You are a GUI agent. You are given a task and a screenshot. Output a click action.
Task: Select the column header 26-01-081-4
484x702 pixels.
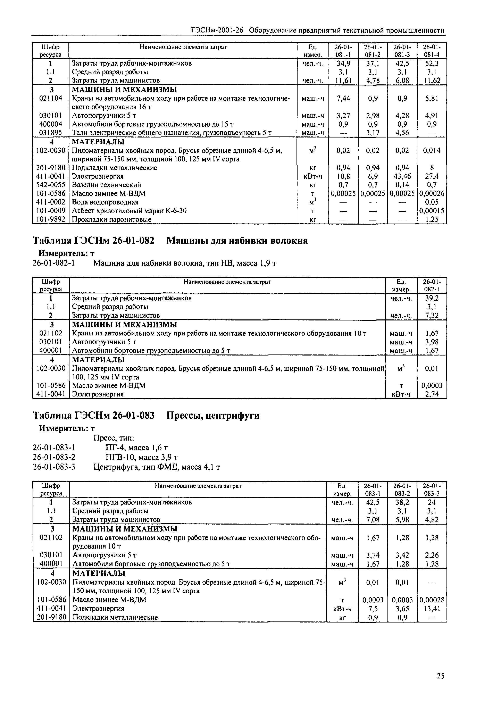[432, 51]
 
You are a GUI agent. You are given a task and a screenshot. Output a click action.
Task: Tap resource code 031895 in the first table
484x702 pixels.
[51, 133]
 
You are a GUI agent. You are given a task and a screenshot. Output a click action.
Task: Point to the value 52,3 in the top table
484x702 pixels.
[432, 63]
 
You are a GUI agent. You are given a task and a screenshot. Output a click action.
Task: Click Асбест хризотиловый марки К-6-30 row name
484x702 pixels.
[129, 211]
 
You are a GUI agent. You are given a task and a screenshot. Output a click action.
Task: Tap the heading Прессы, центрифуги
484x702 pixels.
[213, 415]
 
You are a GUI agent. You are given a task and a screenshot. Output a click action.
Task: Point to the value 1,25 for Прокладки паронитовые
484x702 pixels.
[432, 219]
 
